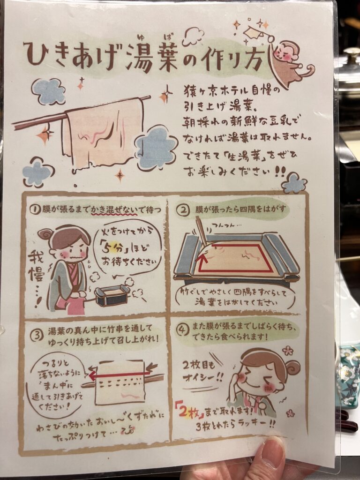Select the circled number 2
pyautogui.click(x=184, y=210)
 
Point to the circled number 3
pyautogui.click(x=37, y=335)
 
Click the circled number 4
pyautogui.click(x=182, y=330)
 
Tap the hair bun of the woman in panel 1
pyautogui.click(x=45, y=235)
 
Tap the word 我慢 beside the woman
pyautogui.click(x=36, y=266)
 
